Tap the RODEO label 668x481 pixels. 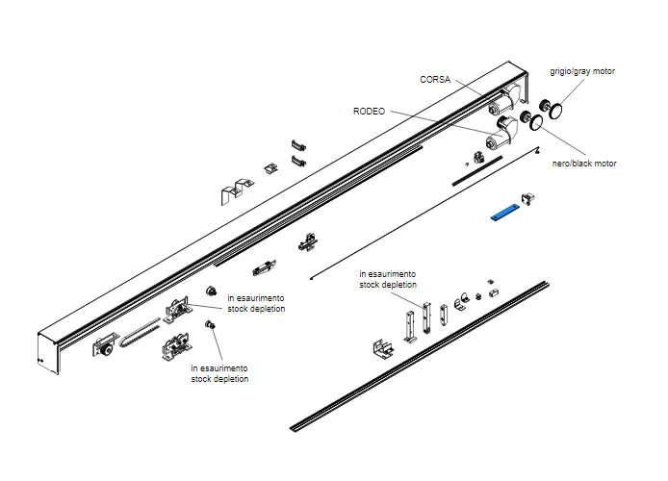click(369, 112)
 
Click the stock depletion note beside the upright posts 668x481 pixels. click(388, 279)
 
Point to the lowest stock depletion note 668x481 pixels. click(219, 373)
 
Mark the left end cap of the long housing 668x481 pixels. click(50, 351)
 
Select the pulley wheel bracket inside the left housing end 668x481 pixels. click(105, 352)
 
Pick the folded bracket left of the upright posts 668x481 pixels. click(384, 343)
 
